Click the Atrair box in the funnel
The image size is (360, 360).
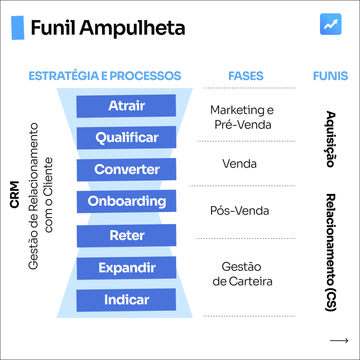(x=126, y=106)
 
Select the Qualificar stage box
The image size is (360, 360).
(x=127, y=137)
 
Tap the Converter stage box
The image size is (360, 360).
(x=127, y=169)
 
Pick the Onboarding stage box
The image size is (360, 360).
(x=127, y=201)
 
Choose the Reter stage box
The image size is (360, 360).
(x=127, y=236)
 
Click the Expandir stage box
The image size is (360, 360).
(x=127, y=268)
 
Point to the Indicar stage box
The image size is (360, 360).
(x=127, y=300)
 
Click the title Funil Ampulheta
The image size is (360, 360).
(x=108, y=28)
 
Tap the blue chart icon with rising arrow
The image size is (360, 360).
(x=330, y=24)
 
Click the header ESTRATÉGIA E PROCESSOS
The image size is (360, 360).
(x=105, y=76)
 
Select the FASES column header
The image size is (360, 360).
(x=246, y=76)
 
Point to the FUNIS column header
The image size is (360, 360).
(x=330, y=76)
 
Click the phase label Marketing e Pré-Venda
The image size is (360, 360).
(x=242, y=117)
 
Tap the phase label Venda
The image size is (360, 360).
(x=239, y=164)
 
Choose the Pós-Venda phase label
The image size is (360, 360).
(x=239, y=211)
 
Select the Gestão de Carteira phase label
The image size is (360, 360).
(x=242, y=274)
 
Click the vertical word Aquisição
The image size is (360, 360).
(x=330, y=139)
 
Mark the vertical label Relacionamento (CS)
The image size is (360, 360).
(x=330, y=252)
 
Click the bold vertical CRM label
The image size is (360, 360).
(x=15, y=194)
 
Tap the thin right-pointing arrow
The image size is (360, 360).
(x=339, y=340)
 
